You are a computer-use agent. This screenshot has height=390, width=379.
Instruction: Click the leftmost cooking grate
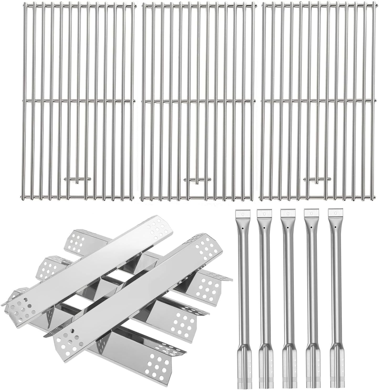coord(77,100)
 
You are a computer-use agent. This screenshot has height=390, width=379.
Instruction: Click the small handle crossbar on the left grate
coord(77,179)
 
